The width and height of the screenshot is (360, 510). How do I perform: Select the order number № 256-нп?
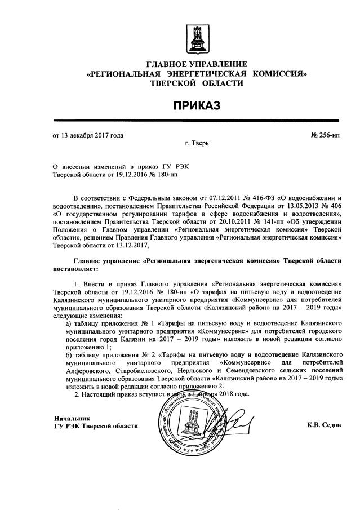tap(325, 135)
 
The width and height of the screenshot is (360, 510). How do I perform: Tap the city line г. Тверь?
tap(197, 144)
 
